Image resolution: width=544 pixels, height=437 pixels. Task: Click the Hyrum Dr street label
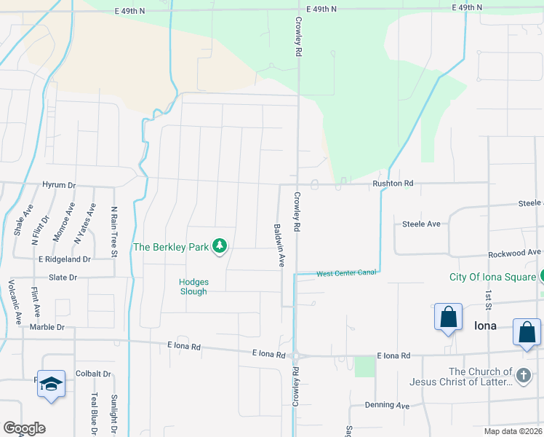(59, 185)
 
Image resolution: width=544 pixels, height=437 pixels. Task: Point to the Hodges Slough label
(193, 287)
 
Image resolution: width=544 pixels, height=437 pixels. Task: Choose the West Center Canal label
(346, 274)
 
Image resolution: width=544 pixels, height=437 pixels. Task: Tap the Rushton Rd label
(393, 184)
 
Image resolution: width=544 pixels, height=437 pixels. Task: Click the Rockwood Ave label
(514, 252)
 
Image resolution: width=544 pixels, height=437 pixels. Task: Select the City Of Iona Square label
(493, 277)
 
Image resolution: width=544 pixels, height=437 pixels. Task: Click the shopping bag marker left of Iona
(448, 318)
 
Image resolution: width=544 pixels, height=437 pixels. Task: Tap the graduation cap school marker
(51, 384)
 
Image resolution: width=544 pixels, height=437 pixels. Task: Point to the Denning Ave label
(387, 405)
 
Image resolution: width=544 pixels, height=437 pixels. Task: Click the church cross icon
(523, 376)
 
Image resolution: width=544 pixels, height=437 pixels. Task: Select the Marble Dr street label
(47, 327)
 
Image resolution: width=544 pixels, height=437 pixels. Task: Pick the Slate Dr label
(63, 277)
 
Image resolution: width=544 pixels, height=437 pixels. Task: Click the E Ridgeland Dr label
(64, 259)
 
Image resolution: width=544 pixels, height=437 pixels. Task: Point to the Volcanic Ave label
(12, 302)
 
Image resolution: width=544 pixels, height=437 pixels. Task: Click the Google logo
(24, 428)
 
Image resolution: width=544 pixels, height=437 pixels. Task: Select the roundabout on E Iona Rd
(297, 356)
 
